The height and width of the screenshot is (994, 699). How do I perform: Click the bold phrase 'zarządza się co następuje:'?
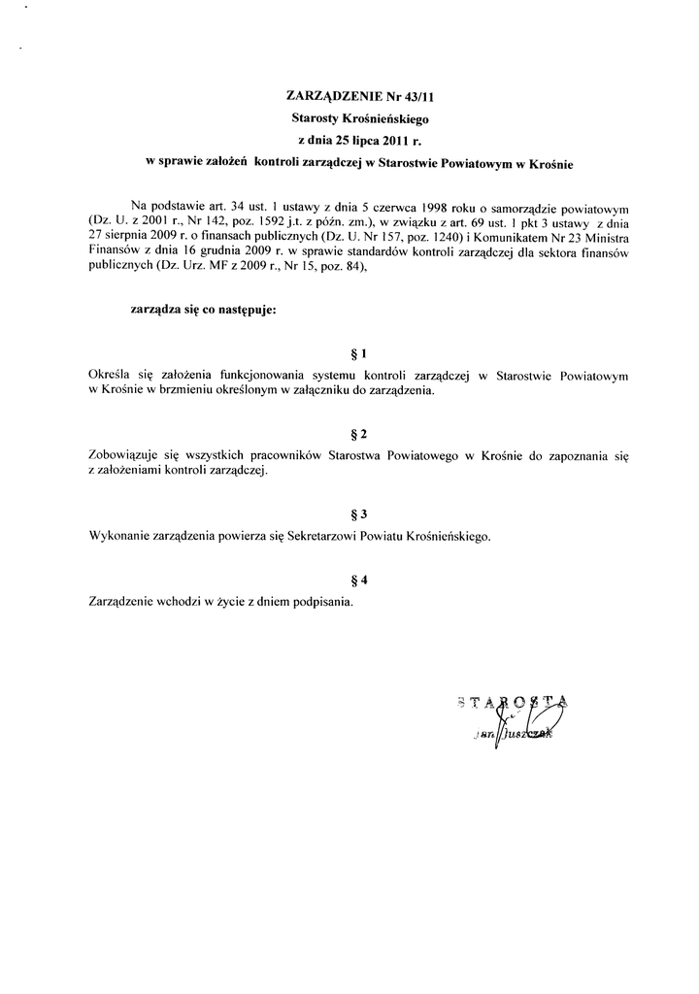[203, 311]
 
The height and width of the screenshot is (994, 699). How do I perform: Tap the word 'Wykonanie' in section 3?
[118, 535]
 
